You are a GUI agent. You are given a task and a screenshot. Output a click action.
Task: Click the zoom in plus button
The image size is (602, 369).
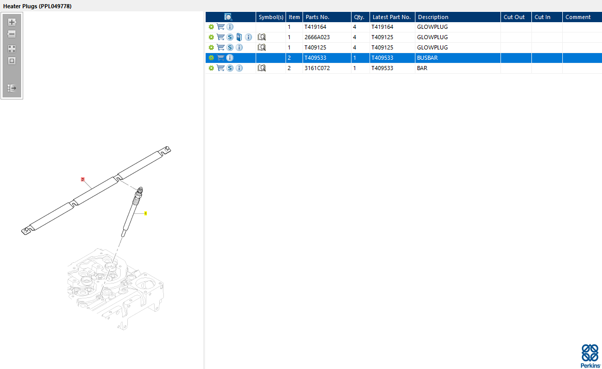[12, 22]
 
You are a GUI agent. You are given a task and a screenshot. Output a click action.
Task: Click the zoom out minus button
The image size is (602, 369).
[12, 34]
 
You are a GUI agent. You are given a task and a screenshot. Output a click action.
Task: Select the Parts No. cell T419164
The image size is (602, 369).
[315, 27]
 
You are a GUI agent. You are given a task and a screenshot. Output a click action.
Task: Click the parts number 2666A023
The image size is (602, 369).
[317, 37]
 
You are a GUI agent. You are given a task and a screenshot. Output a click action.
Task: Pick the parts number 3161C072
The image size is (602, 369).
[317, 68]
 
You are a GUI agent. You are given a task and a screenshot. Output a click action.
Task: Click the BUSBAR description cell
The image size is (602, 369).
[427, 58]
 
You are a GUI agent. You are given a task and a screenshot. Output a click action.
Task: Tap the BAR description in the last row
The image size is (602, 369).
[422, 68]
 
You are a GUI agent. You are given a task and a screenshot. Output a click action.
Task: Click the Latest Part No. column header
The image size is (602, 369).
[392, 17]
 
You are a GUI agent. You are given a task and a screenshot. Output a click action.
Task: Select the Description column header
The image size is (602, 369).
[433, 17]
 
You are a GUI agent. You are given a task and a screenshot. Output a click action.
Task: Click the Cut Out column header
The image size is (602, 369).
[514, 17]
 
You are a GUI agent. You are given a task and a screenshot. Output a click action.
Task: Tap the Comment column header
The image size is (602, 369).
[578, 17]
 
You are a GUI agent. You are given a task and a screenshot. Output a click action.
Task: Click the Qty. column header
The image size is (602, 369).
[359, 17]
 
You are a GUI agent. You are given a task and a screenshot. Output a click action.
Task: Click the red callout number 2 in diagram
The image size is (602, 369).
[82, 179]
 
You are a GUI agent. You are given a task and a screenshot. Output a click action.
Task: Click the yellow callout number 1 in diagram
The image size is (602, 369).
[145, 213]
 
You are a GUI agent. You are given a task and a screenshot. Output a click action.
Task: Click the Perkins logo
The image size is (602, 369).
[590, 356]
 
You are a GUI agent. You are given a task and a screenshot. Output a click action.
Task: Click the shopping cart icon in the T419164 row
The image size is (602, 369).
[221, 27]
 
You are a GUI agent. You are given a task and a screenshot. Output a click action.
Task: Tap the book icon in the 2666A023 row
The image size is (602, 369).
[239, 37]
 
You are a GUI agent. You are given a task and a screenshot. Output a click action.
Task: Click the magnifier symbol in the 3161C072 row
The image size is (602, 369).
[261, 68]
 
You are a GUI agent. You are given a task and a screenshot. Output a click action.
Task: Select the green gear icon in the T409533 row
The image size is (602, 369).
[211, 58]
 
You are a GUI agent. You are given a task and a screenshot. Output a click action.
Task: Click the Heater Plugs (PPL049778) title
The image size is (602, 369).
[37, 6]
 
